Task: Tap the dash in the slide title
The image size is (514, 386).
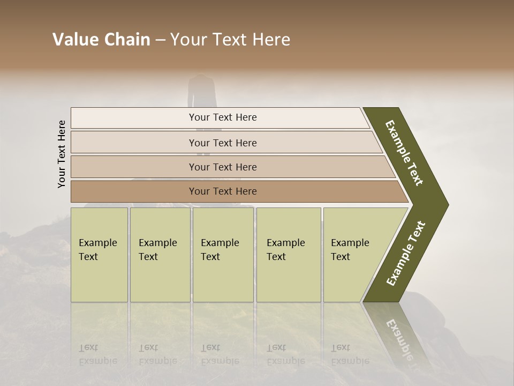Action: [x=160, y=40]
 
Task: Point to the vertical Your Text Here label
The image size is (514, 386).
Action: [x=62, y=154]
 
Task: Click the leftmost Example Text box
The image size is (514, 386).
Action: [x=99, y=255]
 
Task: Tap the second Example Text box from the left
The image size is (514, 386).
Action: [x=160, y=255]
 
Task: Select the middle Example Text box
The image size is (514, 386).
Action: [x=223, y=255]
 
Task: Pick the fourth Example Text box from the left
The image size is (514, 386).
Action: [x=289, y=255]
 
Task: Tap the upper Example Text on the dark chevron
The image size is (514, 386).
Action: [x=404, y=153]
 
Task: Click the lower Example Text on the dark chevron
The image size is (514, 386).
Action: [x=406, y=254]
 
